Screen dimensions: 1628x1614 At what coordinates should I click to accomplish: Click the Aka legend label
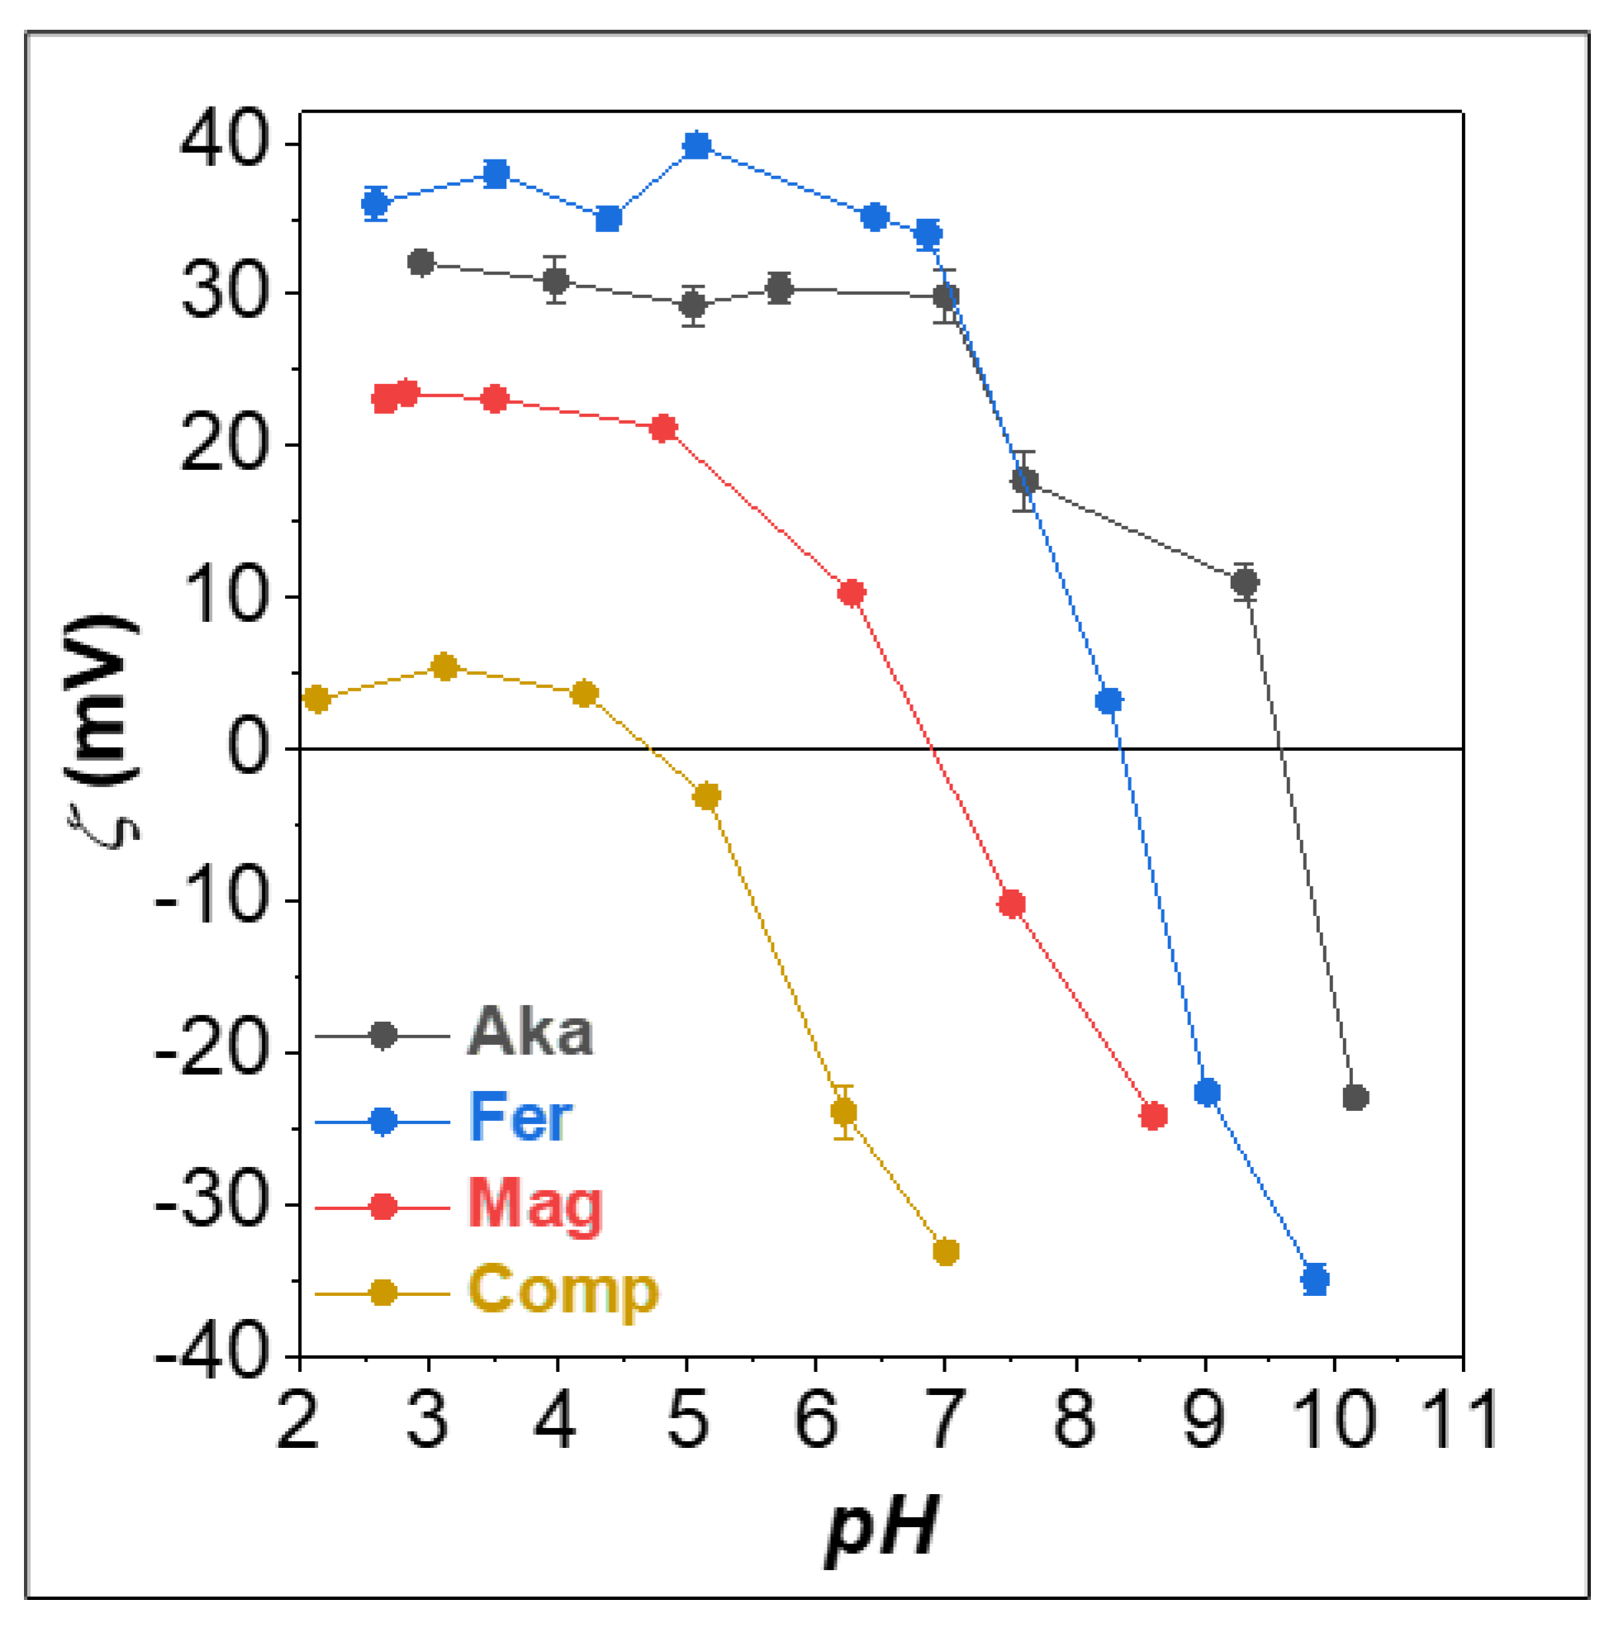click(530, 1032)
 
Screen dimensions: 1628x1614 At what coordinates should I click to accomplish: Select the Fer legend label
click(521, 1118)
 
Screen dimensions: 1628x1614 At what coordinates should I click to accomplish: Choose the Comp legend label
click(563, 1292)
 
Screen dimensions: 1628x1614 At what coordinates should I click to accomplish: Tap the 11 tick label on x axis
click(1460, 1421)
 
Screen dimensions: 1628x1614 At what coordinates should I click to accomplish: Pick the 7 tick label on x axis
click(944, 1421)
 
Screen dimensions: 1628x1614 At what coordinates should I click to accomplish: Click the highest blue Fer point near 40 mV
click(697, 145)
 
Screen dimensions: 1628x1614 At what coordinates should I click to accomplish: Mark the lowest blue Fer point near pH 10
click(1315, 1279)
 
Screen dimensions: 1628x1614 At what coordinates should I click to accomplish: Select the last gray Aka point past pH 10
click(1355, 1097)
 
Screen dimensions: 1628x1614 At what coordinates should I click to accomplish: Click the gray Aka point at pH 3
click(421, 263)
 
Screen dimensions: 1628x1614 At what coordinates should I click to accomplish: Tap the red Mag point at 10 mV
click(852, 593)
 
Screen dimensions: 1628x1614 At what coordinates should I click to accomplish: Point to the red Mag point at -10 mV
click(1011, 904)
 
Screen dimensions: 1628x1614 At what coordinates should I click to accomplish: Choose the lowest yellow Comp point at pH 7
click(946, 1251)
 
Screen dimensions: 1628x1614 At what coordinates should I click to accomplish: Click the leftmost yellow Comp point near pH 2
click(317, 699)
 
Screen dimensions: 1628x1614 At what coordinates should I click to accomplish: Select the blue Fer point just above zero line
click(1109, 701)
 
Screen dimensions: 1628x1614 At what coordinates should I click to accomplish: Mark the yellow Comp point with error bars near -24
click(843, 1113)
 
